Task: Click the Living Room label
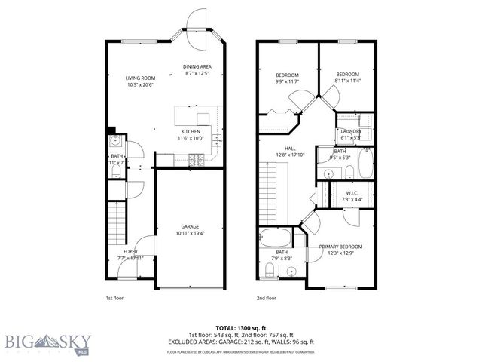pyautogui.click(x=140, y=78)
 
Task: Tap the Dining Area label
pyautogui.click(x=196, y=66)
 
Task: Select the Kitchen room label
pyautogui.click(x=190, y=131)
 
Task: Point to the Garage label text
pyautogui.click(x=189, y=226)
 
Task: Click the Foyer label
pyautogui.click(x=130, y=251)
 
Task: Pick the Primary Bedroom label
pyautogui.click(x=340, y=247)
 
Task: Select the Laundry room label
pyautogui.click(x=351, y=132)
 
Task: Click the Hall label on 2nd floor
pyautogui.click(x=290, y=149)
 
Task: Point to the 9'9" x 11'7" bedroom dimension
pyautogui.click(x=287, y=81)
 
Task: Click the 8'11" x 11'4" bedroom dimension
pyautogui.click(x=348, y=81)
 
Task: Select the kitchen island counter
pyautogui.click(x=193, y=115)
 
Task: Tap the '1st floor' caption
pyautogui.click(x=114, y=299)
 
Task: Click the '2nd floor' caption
pyautogui.click(x=267, y=299)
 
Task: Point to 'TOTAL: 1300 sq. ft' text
pyautogui.click(x=241, y=327)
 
